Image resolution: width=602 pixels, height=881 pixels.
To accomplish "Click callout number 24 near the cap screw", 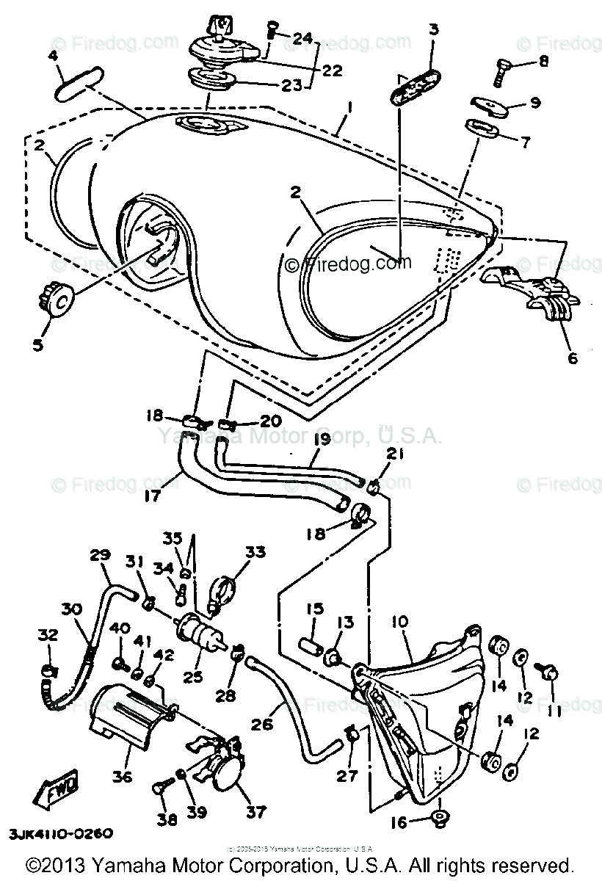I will [x=302, y=37].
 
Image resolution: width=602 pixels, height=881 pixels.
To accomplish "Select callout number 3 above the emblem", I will [x=433, y=30].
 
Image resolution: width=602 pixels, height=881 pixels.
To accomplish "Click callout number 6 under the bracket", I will [x=573, y=358].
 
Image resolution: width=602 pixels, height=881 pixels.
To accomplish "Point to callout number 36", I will [x=122, y=775].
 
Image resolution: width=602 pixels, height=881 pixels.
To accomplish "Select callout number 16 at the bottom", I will [x=397, y=823].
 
